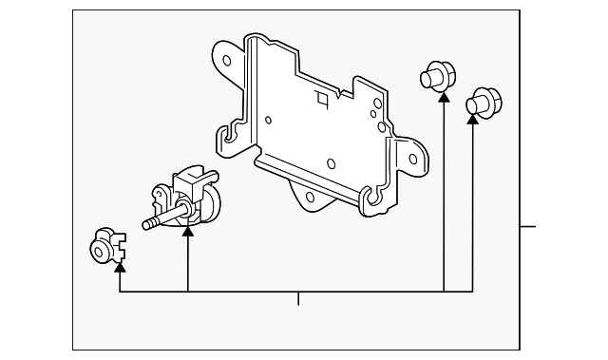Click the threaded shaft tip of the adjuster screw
tap(147, 225)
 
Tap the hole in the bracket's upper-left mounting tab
tap(228, 61)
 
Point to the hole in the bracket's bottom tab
tap(309, 197)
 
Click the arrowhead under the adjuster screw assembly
tap(188, 227)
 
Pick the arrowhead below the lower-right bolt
tap(473, 119)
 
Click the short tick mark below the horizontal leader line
tap(298, 300)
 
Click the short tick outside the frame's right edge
tap(529, 227)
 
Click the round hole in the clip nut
tap(98, 250)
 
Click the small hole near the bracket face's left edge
tap(269, 121)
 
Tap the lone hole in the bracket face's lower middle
tap(330, 163)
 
